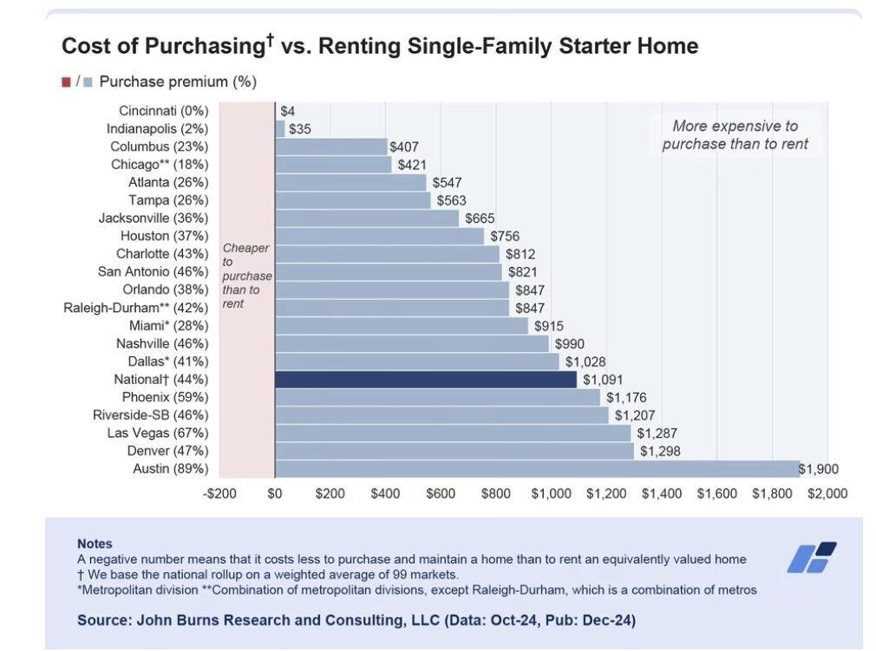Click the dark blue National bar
click(425, 380)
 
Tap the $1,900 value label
click(819, 470)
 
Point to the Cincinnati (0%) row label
click(163, 111)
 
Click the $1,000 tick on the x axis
click(551, 494)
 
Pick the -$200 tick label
click(219, 494)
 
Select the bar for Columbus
click(330, 146)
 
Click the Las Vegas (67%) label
click(157, 433)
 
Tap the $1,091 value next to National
click(602, 380)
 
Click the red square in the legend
click(66, 82)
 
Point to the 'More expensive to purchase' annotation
click(735, 135)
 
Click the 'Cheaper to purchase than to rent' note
click(246, 276)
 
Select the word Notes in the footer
click(95, 544)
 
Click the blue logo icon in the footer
click(812, 557)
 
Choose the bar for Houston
click(379, 236)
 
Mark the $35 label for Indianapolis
click(299, 129)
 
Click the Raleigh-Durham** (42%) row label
click(135, 308)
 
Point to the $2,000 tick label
click(827, 494)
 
